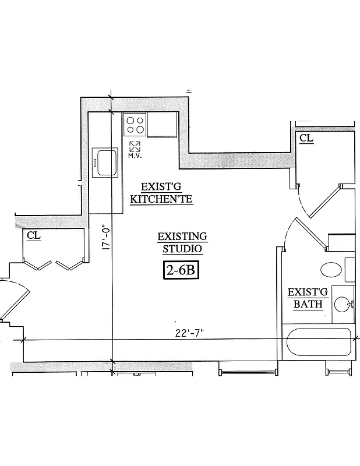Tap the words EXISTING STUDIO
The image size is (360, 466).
(x=182, y=242)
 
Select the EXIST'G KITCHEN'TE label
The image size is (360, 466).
(x=161, y=193)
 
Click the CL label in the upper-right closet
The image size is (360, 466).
(x=306, y=138)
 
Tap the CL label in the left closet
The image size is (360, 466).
(x=33, y=235)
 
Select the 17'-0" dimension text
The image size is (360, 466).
(x=105, y=238)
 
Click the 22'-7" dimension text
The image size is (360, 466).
(x=190, y=333)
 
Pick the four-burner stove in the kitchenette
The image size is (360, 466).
(x=135, y=125)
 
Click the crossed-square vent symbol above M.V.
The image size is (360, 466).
(x=135, y=146)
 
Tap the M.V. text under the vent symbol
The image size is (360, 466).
(x=135, y=156)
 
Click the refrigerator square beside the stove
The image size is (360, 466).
(x=162, y=125)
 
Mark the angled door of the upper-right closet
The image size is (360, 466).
(x=324, y=202)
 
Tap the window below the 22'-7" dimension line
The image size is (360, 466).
(x=247, y=371)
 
